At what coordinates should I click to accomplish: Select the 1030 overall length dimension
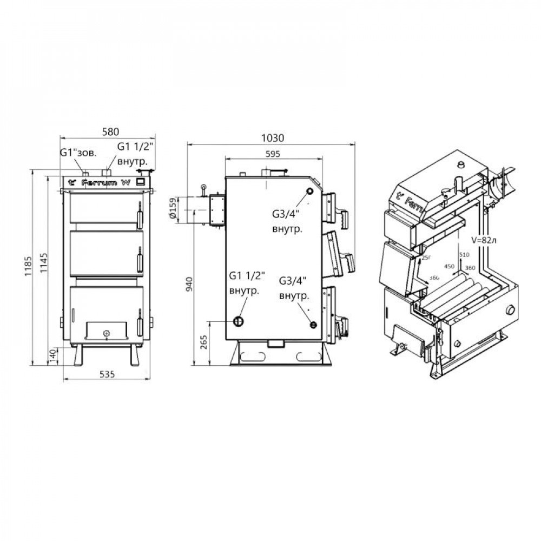click(272, 137)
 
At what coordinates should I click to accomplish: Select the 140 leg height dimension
click(53, 356)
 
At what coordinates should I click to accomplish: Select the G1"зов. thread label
click(78, 153)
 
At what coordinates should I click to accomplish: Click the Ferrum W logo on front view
click(104, 182)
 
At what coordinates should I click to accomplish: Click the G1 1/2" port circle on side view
click(239, 321)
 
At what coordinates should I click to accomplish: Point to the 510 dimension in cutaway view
click(463, 254)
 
